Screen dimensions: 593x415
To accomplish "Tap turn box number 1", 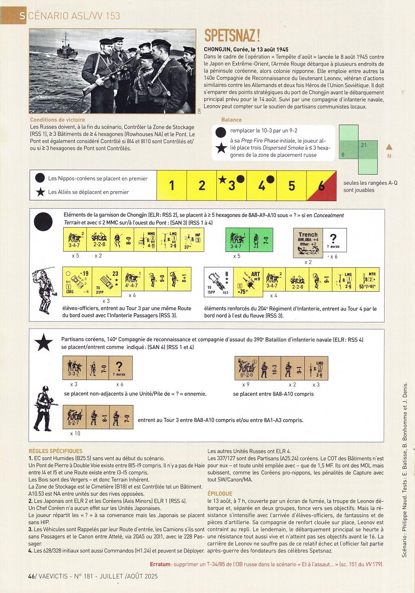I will tap(172, 185).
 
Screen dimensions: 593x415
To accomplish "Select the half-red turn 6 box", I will tap(321, 185).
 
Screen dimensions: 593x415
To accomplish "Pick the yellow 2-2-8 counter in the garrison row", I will tap(98, 240).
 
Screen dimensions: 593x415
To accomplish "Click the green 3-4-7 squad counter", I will tap(237, 240).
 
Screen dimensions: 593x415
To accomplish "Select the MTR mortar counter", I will tap(368, 279).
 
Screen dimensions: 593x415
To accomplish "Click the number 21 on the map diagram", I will tap(364, 145).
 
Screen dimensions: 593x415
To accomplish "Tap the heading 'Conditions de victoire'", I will tap(58, 120).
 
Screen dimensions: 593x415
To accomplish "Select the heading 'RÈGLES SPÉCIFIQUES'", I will tap(56, 451).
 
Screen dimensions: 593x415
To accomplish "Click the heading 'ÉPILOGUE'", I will tap(220, 494).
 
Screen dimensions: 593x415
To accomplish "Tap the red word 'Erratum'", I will tap(160, 564).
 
